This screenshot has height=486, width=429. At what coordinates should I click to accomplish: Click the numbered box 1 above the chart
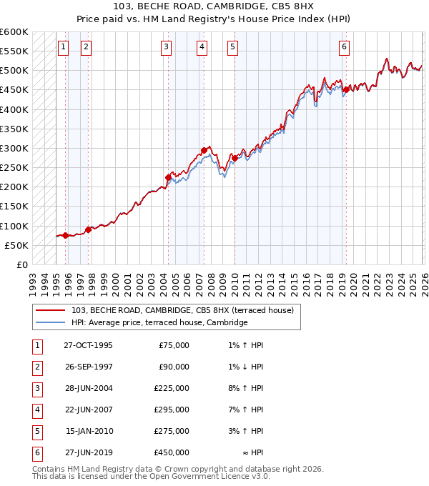[x=63, y=47]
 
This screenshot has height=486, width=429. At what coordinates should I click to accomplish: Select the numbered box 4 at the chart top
[x=202, y=47]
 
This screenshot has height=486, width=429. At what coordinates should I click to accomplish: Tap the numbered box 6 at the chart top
[x=344, y=47]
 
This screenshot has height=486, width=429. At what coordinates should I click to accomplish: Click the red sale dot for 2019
[x=346, y=90]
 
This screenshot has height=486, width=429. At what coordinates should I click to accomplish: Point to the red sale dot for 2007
[x=204, y=150]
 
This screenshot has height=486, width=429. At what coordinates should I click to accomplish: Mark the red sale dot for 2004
[x=169, y=177]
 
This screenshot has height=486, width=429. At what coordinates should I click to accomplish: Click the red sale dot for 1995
[x=66, y=235]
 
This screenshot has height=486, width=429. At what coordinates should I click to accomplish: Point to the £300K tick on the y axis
[x=14, y=148]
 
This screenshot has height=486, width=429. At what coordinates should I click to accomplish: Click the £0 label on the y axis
[x=22, y=264]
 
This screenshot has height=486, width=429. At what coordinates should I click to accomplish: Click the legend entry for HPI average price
[x=159, y=322]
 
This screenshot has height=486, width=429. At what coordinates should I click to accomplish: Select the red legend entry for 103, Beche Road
[x=182, y=310]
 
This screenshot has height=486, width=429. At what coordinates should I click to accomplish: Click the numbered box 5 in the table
[x=35, y=431]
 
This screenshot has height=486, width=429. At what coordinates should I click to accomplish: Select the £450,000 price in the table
[x=172, y=452]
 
